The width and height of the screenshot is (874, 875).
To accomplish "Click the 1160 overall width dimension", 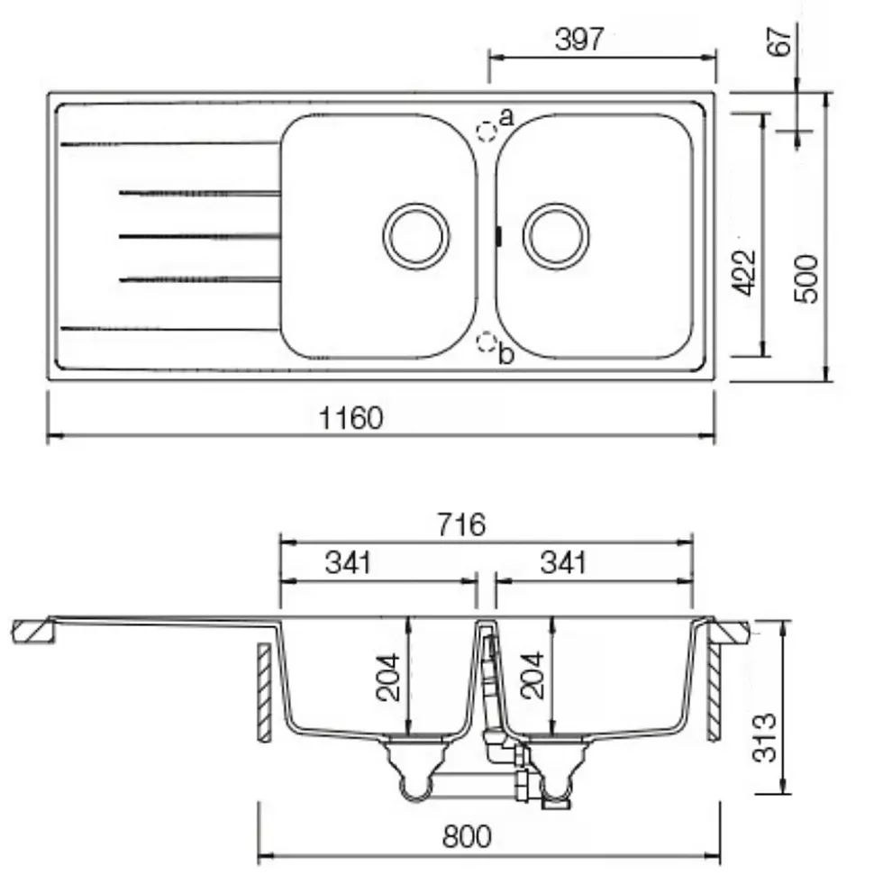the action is click(x=351, y=418).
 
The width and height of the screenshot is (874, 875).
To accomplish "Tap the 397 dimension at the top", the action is click(x=579, y=39).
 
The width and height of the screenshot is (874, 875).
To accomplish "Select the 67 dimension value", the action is click(x=779, y=41).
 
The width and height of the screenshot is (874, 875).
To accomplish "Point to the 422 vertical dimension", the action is click(x=743, y=273).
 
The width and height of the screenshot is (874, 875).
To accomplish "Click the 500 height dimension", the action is click(x=806, y=278).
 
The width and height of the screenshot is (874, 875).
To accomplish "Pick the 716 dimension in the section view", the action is click(x=461, y=524).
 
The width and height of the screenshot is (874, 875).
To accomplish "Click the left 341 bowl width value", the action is click(x=349, y=562).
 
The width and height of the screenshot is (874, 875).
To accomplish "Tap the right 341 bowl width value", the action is click(x=563, y=562).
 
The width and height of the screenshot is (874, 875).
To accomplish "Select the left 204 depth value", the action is click(x=387, y=677).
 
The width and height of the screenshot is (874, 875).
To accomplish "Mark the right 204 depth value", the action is click(x=532, y=675).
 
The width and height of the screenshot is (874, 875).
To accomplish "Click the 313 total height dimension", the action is click(x=764, y=737).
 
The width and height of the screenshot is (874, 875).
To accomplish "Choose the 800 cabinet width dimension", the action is click(x=467, y=836).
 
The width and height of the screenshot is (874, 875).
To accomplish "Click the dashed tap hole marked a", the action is click(x=487, y=132).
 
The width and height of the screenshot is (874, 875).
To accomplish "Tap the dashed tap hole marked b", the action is click(x=487, y=342).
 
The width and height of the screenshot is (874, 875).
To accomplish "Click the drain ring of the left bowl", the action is click(x=416, y=236).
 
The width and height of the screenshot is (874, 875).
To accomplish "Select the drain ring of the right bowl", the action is click(x=556, y=236).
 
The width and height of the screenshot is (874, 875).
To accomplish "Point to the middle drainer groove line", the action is click(x=199, y=237).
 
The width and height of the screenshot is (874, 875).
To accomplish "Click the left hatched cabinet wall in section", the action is click(x=265, y=692).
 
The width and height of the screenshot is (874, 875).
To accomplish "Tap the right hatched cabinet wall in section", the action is click(x=714, y=692).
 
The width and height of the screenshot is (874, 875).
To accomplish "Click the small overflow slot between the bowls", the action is click(x=498, y=236).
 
